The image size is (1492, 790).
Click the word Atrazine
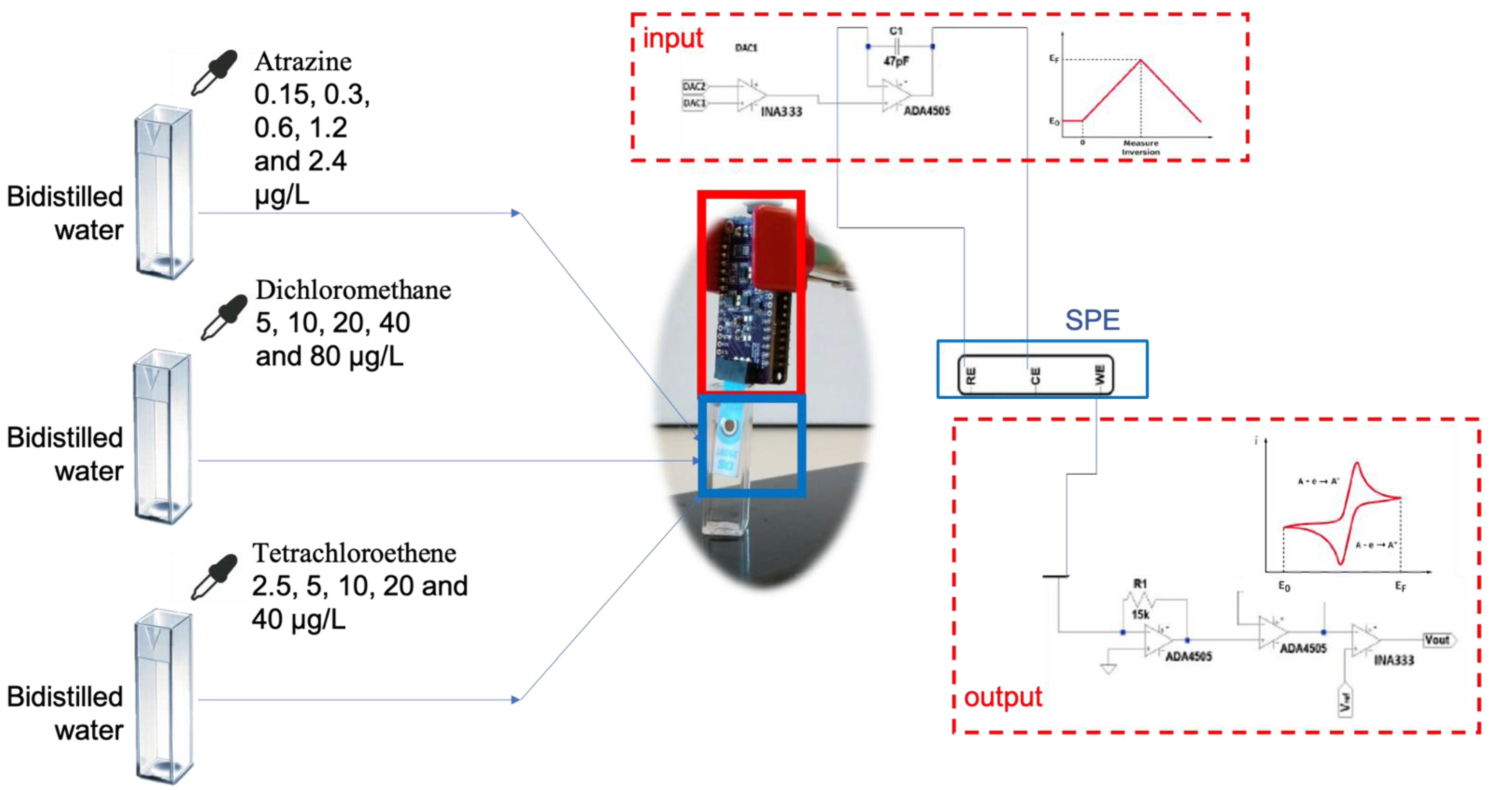pos(303,61)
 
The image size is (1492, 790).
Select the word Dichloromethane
pos(353,290)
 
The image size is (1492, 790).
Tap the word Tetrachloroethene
pos(354,553)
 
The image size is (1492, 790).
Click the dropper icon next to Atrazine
pos(214,73)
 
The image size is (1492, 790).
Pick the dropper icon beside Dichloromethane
pos(223,317)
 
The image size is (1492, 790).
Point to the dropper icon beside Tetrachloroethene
pos(214,577)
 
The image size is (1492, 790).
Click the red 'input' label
pos(673,38)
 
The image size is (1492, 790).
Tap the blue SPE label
pos(1092,320)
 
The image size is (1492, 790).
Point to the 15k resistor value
pos(1140,614)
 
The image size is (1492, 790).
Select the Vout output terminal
pos(1439,640)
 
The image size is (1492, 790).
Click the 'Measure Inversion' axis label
pos(1140,147)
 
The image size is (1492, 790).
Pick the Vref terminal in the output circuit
pos(1346,702)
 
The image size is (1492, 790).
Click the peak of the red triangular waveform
pos(1140,60)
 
